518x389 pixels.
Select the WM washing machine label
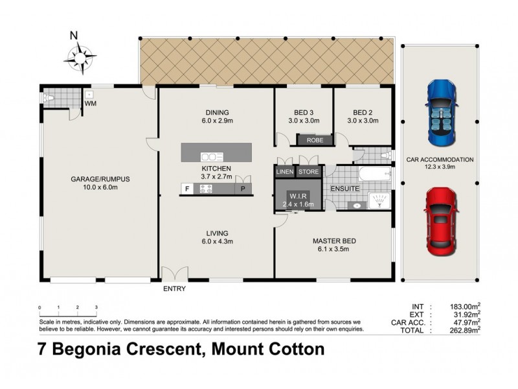point(91,103)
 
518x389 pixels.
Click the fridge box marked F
point(187,189)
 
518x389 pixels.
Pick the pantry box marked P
point(243,189)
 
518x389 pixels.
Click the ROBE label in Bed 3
point(315,139)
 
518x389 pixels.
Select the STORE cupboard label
point(309,172)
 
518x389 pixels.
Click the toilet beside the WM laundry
point(50,99)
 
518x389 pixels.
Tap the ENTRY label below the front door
point(175,289)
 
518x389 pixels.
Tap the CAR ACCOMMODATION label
point(440,159)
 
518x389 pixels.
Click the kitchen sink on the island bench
point(211,156)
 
